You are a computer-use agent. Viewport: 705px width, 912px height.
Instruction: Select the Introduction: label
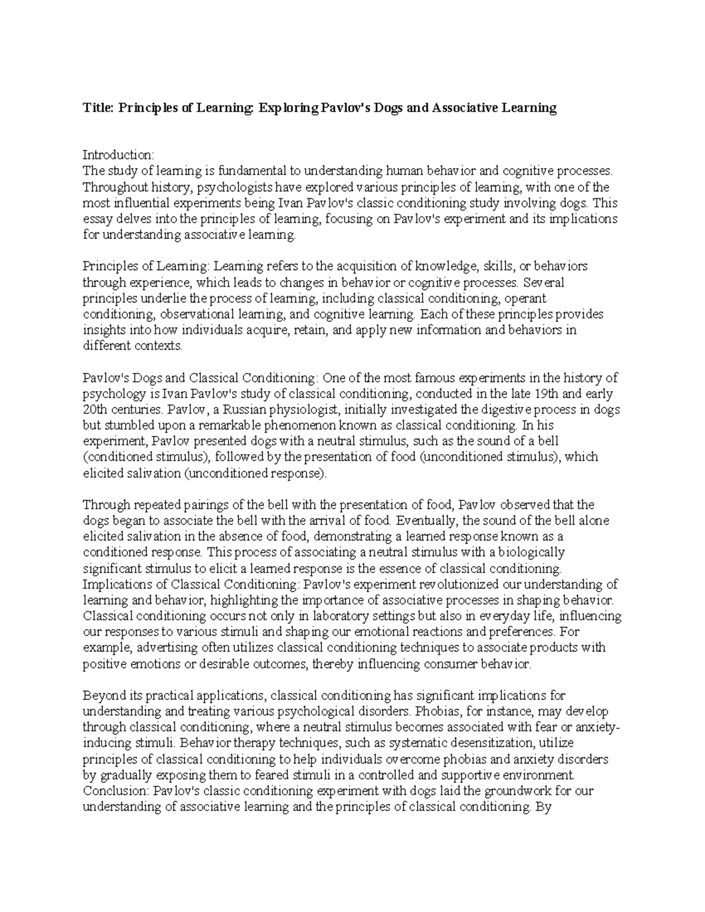[118, 155]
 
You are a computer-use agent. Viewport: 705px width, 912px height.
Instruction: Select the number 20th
[95, 409]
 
